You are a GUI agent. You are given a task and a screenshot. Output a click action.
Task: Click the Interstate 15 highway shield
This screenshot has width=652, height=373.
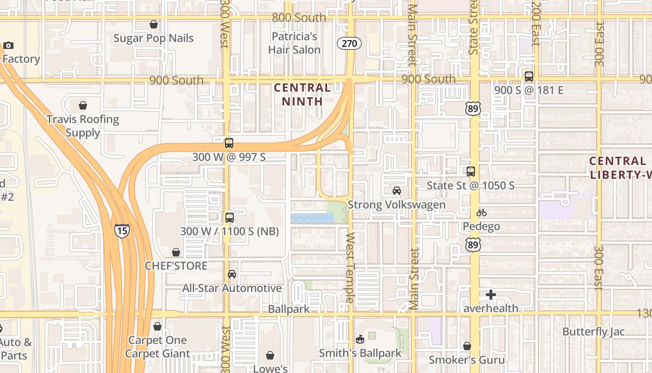tap(122, 231)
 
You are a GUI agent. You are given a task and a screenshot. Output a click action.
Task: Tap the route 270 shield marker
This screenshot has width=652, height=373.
tap(349, 44)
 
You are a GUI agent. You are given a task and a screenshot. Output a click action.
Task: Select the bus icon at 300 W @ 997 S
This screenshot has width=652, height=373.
tap(229, 143)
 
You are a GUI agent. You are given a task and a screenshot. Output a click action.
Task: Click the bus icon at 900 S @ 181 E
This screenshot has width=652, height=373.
tap(529, 76)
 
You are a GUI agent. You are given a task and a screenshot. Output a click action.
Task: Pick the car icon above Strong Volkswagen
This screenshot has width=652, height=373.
tap(396, 191)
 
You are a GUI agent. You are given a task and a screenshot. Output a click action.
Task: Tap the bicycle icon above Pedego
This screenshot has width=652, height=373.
tap(482, 213)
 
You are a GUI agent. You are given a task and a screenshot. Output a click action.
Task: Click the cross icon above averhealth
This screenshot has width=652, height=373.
tap(490, 295)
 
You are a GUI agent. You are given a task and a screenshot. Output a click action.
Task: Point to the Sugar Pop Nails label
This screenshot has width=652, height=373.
tap(153, 38)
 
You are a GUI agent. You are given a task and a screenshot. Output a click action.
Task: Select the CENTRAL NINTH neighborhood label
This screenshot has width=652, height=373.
tap(302, 94)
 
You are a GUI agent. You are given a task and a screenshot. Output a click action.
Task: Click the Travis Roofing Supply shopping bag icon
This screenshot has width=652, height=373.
tap(83, 105)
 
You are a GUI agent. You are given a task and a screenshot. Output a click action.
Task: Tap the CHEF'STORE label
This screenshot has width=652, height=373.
tap(176, 266)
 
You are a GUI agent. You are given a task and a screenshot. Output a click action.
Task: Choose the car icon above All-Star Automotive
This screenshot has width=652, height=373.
tap(232, 274)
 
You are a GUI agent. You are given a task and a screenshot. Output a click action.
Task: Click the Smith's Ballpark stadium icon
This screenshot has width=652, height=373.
tap(360, 339)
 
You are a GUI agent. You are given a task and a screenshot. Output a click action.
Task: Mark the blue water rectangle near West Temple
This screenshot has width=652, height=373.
tap(312, 218)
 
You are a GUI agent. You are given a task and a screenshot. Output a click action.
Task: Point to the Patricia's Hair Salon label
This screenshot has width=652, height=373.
tap(294, 43)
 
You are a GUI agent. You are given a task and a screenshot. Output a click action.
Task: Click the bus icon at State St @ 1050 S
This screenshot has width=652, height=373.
tap(471, 172)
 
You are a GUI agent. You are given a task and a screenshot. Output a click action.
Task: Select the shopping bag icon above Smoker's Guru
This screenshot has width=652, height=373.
tap(467, 346)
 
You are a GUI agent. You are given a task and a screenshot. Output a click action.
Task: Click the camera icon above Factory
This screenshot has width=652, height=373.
tap(8, 45)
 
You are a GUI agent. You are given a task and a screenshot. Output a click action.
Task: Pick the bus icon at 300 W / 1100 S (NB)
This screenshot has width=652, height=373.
tap(229, 217)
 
